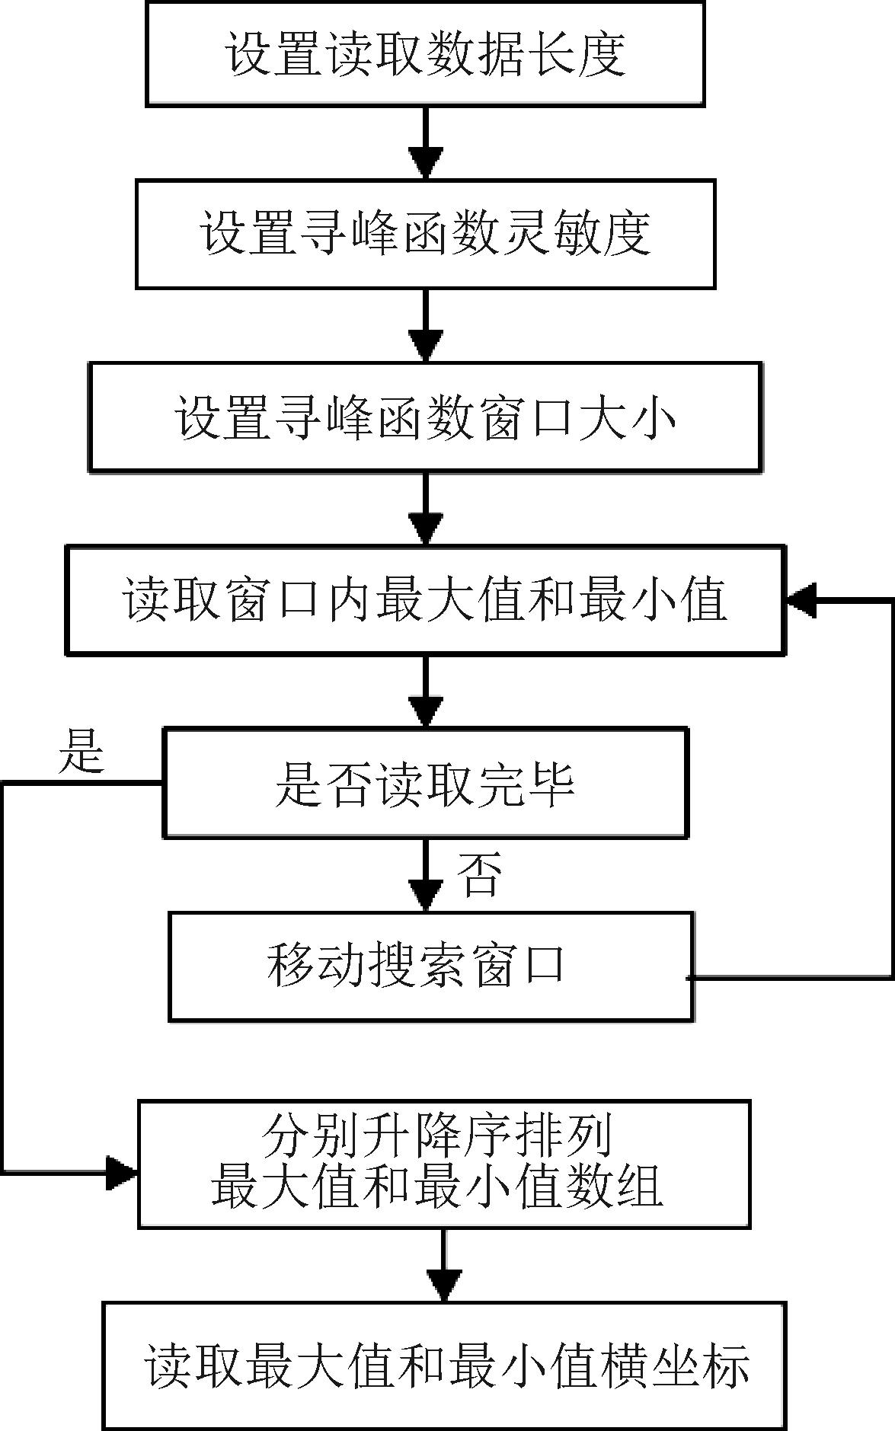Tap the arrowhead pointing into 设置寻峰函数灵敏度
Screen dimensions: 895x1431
tap(426, 163)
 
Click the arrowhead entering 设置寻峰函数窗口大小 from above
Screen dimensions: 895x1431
tap(426, 345)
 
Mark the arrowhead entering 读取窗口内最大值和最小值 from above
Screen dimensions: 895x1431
tap(426, 528)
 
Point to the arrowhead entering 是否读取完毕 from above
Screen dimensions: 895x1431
tap(426, 711)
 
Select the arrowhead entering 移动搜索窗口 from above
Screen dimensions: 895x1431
tap(426, 895)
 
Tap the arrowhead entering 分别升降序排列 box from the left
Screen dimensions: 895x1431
tap(122, 1173)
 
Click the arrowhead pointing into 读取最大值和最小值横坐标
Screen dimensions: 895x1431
tap(443, 1286)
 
